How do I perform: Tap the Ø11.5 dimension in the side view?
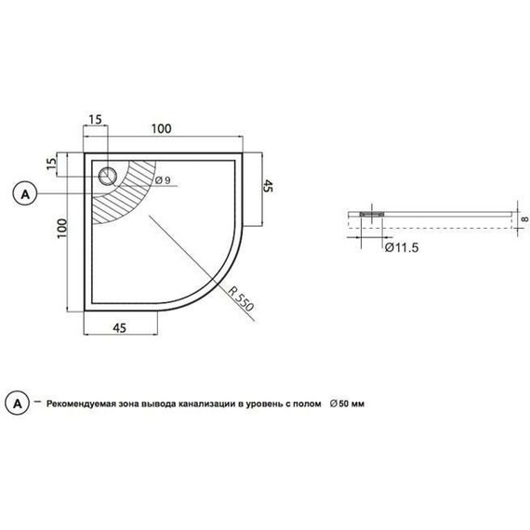coord(400,249)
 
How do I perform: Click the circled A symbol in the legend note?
coord(18,404)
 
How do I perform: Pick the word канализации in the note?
coord(205,404)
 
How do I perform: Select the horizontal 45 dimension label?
coord(121,326)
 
